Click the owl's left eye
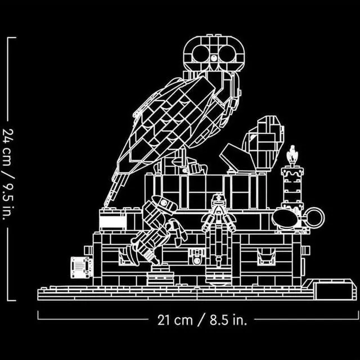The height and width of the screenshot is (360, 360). (x=200, y=53)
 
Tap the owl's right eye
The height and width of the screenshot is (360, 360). (x=226, y=54)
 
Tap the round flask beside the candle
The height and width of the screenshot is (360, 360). (x=287, y=217)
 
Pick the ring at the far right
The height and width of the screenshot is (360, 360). (x=313, y=217)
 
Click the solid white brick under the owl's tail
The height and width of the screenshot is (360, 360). (x=112, y=220)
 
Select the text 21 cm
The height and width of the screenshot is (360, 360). (x=172, y=320)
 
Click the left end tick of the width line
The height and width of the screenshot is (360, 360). (x=38, y=314)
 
